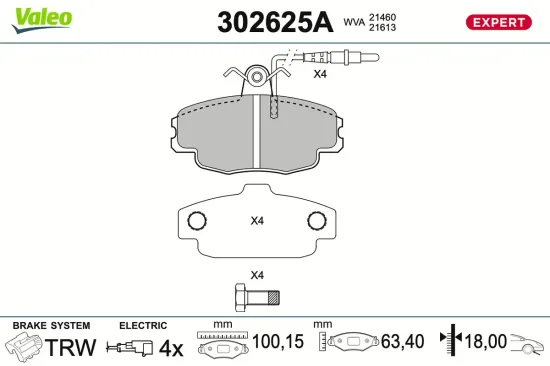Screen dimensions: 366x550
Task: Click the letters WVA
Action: [x=354, y=22]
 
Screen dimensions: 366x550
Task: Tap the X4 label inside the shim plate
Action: [x=256, y=221]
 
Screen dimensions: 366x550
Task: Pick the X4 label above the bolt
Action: [x=256, y=275]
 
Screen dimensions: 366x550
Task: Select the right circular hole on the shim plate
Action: [x=317, y=221]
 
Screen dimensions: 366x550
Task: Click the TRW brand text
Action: [x=73, y=348]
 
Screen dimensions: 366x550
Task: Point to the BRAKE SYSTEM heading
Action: [x=50, y=326]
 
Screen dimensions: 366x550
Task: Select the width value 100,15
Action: [x=277, y=343]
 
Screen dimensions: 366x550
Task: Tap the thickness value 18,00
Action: [x=486, y=343]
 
